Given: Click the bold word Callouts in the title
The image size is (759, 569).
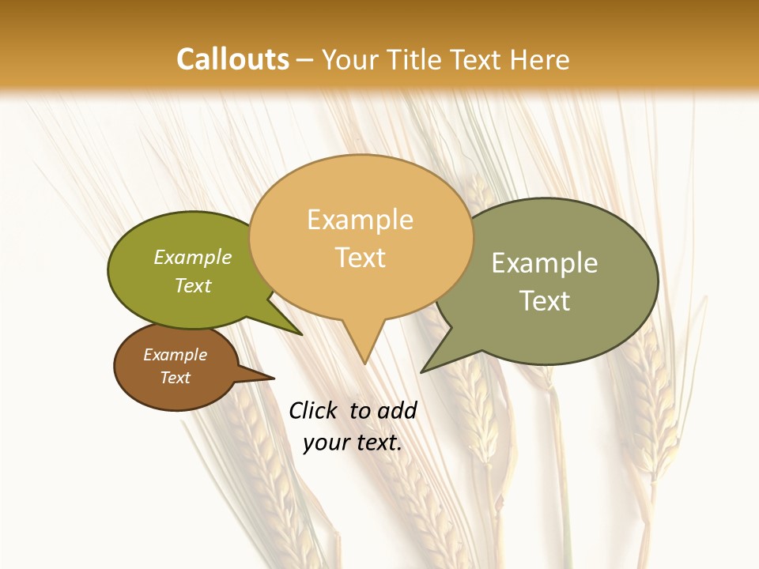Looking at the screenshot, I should click(x=232, y=59).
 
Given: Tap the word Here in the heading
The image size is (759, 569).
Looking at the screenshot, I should click(x=540, y=59).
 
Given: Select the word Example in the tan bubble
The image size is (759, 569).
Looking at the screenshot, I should click(x=360, y=220).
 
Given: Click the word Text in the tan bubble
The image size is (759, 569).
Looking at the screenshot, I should click(x=361, y=258).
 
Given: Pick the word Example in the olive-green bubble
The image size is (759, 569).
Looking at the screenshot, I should click(x=193, y=258).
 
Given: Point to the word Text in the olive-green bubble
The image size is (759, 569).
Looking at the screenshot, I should click(x=193, y=286).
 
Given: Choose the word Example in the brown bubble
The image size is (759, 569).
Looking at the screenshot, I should click(x=175, y=355).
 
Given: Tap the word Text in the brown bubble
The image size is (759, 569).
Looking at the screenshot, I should click(x=176, y=378).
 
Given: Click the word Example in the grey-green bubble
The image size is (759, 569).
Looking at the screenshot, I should click(x=545, y=263).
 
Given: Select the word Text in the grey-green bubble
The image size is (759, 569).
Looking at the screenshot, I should click(x=545, y=301).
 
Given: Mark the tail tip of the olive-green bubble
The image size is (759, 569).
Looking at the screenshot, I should click(x=300, y=334).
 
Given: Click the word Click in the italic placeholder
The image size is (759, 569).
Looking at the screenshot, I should click(x=314, y=410).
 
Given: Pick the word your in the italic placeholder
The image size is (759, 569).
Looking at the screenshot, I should click(x=326, y=443).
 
